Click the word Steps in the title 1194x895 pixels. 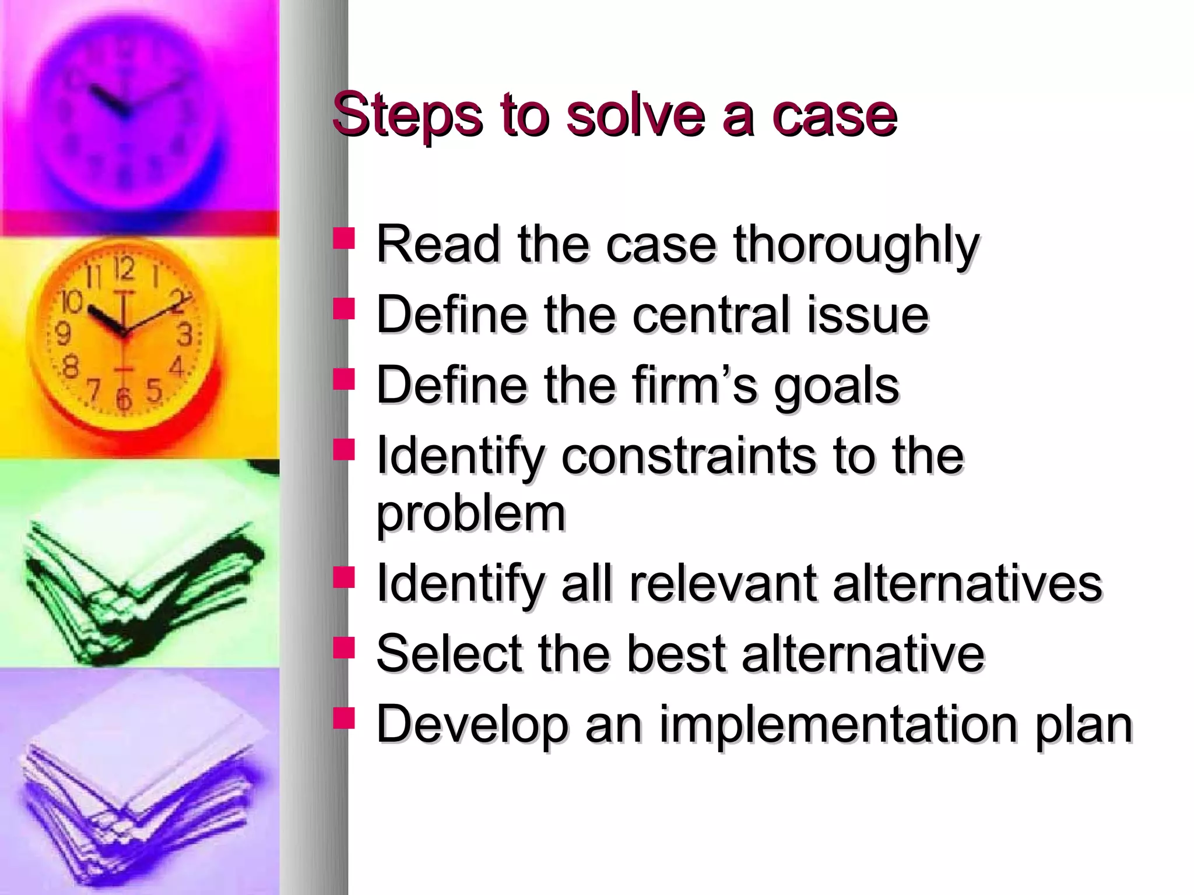[x=407, y=115]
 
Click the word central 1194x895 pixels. [x=711, y=315]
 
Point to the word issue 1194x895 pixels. [x=868, y=315]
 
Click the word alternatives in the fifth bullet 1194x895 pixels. [x=967, y=583]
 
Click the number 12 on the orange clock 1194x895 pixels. [x=124, y=269]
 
